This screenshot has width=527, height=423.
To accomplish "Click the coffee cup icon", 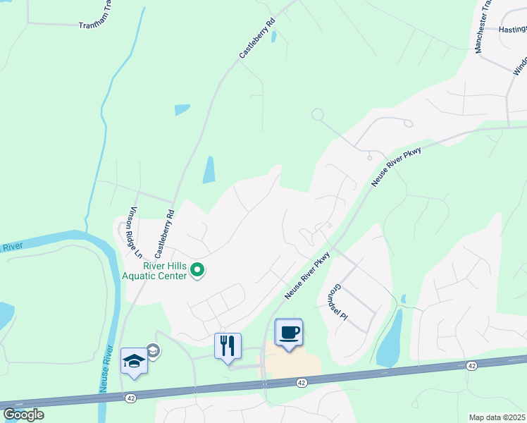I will coord(289,333).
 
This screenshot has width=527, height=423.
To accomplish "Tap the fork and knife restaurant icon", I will coord(228,346).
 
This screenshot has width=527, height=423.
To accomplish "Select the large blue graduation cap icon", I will coord(134,362).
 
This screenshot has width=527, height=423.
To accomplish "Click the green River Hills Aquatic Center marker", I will coord(198,270).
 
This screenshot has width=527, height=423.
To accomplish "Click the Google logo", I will coord(23,415).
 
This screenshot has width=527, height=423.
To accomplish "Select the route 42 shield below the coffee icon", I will coord(301,381).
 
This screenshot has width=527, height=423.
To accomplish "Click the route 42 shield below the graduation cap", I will coord(131,398).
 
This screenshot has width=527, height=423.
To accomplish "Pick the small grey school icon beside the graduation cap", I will coord(152,350).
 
